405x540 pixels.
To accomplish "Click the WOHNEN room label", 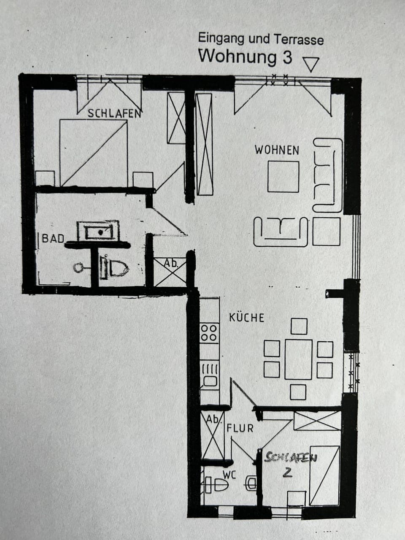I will point(277,150).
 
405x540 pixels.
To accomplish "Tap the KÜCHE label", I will point(246,318).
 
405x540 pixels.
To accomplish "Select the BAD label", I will point(53,238).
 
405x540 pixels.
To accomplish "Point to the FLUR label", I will point(240,428).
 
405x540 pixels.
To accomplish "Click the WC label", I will point(229,475).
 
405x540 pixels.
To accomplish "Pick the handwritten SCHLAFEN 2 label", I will point(291,464).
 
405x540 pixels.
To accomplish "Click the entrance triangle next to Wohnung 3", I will point(311,65).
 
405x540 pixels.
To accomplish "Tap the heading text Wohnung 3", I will point(245,56).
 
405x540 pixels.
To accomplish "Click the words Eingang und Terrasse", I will point(261,39).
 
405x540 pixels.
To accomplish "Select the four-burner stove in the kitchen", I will point(209,332).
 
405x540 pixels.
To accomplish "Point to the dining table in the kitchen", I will point(298,359).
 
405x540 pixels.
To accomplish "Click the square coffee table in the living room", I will point(283,176).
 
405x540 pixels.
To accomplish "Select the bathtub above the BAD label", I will point(98,231).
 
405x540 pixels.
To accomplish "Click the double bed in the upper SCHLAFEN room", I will point(94,153).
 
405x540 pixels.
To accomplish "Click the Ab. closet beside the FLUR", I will point(213,437).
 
